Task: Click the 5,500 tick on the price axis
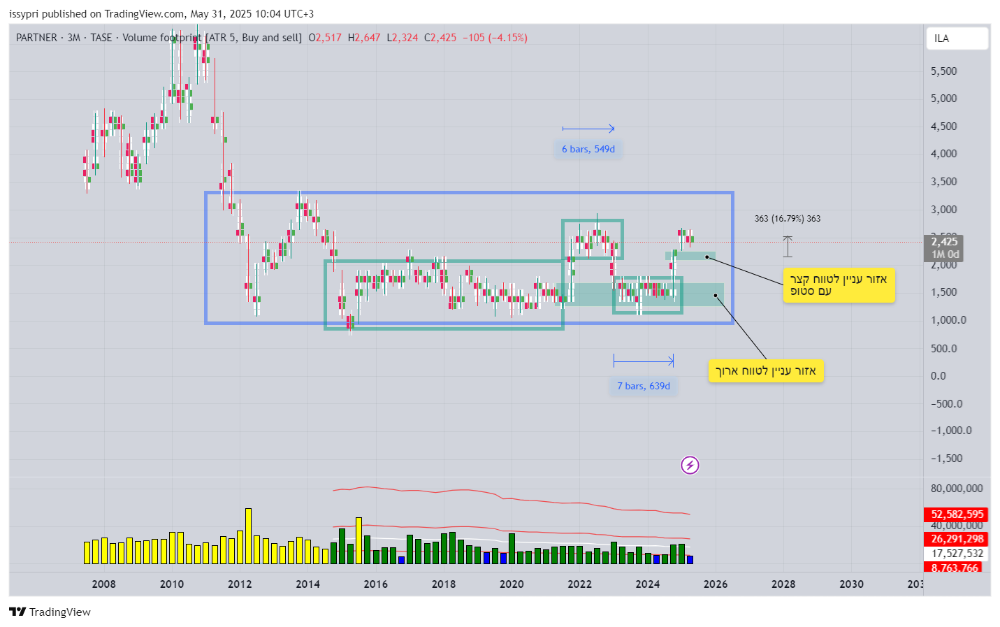(943, 71)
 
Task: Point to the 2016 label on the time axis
(375, 584)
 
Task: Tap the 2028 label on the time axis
(783, 584)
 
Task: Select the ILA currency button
(957, 38)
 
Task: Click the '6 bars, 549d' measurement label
(588, 150)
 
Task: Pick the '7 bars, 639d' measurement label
(643, 387)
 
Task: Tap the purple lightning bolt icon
(690, 466)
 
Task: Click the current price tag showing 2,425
(944, 243)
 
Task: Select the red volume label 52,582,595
(957, 514)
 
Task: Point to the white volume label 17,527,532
(957, 554)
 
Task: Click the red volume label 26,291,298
(957, 539)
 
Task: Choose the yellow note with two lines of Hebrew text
(838, 285)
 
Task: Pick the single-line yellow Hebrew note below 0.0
(766, 371)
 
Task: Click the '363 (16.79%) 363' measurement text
(787, 219)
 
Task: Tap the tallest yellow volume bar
(248, 535)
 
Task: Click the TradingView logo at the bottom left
(50, 612)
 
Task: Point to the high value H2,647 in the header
(364, 38)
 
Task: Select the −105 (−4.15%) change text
(495, 38)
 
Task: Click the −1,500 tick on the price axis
(946, 459)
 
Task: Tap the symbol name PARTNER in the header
(36, 38)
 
